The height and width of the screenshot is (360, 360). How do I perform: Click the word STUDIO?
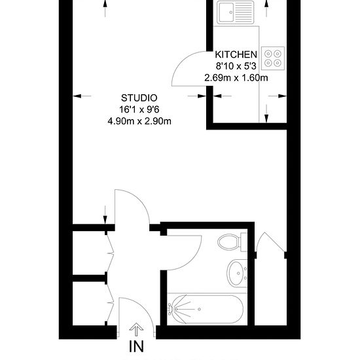click(139, 98)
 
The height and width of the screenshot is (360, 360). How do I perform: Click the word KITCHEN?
click(236, 54)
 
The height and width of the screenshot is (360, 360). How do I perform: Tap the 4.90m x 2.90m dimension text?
click(139, 121)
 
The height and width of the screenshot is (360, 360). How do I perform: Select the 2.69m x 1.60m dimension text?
click(236, 78)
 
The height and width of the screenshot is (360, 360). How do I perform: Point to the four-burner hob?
click(273, 58)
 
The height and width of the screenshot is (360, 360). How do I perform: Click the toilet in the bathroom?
click(232, 242)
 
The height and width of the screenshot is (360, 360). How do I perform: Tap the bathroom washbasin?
click(237, 273)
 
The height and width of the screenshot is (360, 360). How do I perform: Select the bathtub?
click(206, 309)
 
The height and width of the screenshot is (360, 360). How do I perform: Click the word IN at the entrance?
click(136, 346)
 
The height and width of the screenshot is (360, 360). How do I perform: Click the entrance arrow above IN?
click(136, 329)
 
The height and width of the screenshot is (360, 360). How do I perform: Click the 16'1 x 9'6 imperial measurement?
click(139, 109)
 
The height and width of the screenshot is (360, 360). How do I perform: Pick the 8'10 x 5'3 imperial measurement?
click(236, 66)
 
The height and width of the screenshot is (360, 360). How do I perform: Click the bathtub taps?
click(171, 309)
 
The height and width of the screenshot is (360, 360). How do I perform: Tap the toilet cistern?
click(244, 242)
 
